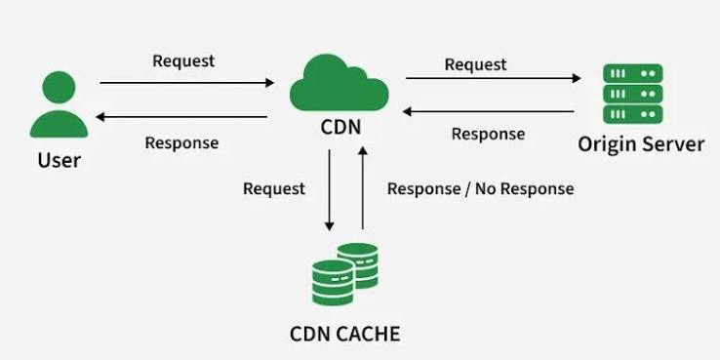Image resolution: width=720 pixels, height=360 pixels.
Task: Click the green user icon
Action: [59, 104]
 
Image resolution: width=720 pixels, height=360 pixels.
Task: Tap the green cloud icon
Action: [339, 83]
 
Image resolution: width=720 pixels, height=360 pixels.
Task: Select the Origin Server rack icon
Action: [633, 94]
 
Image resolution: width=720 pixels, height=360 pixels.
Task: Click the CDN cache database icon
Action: [344, 274]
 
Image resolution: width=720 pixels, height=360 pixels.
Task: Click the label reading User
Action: [60, 160]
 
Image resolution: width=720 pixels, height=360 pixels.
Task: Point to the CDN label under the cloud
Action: [340, 127]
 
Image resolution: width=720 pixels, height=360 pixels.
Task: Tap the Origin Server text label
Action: [641, 144]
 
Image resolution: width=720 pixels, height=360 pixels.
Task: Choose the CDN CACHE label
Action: [344, 334]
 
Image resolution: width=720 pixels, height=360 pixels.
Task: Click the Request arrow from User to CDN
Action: [187, 83]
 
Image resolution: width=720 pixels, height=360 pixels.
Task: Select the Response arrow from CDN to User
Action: [181, 117]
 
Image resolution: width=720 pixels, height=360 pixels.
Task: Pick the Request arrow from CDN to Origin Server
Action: [493, 78]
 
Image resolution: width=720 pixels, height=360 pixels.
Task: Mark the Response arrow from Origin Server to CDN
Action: [488, 111]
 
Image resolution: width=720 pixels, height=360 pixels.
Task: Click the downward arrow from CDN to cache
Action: [329, 190]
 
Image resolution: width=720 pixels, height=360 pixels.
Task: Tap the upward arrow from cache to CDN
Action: [362, 188]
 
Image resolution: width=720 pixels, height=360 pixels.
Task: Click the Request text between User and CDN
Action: [183, 61]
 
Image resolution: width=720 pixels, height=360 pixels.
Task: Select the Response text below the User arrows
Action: [181, 142]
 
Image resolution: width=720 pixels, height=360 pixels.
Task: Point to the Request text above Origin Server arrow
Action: [476, 64]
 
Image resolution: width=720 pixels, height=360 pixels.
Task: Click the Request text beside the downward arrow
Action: [274, 188]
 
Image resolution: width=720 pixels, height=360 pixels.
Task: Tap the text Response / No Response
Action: [481, 188]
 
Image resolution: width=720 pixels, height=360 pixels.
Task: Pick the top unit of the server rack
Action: [633, 73]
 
